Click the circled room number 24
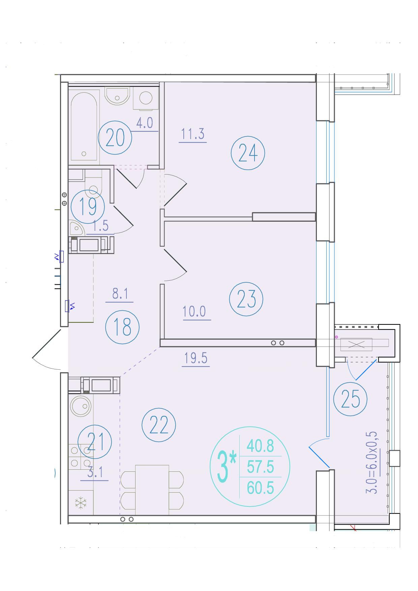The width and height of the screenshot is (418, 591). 248,153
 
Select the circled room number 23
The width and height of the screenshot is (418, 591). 246,299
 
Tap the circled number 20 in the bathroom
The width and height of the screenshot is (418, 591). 115,138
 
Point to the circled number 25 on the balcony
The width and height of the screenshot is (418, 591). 350,399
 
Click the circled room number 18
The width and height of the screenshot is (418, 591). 122,327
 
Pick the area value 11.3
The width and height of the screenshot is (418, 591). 193,134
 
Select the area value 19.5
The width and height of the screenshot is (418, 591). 196,358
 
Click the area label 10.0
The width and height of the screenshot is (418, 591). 195,312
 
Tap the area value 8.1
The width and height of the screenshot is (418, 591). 120,294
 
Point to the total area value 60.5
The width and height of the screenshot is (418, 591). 261,488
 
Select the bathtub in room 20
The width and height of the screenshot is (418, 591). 84,127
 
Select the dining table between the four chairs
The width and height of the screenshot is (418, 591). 152,490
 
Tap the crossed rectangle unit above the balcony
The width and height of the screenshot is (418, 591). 356,344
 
